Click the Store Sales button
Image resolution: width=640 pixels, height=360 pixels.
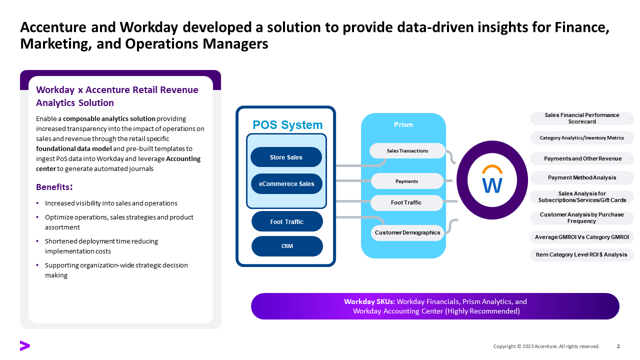pyautogui.click(x=286, y=157)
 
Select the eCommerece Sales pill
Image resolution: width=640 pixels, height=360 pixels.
pyautogui.click(x=286, y=183)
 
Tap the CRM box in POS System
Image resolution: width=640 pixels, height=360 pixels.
pyautogui.click(x=287, y=246)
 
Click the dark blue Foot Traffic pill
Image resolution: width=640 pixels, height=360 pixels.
pyautogui.click(x=287, y=221)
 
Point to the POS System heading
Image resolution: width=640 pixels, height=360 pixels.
pyautogui.click(x=287, y=125)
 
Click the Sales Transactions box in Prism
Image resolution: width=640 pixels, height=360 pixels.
pyautogui.click(x=407, y=150)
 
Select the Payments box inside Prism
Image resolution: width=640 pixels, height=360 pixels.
pyautogui.click(x=406, y=181)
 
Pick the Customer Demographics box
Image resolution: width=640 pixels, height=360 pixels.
pyautogui.click(x=407, y=232)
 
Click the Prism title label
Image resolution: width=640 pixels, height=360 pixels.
pyautogui.click(x=403, y=124)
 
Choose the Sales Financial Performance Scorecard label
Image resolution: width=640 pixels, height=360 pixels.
pyautogui.click(x=581, y=118)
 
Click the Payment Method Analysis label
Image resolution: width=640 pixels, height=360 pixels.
pyautogui.click(x=581, y=177)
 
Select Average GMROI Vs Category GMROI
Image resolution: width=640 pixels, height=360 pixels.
pyautogui.click(x=581, y=237)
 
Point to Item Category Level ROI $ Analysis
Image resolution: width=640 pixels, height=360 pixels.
pyautogui.click(x=581, y=254)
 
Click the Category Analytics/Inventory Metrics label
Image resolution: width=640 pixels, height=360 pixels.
pyautogui.click(x=581, y=138)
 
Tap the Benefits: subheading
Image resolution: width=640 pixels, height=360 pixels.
pyautogui.click(x=54, y=187)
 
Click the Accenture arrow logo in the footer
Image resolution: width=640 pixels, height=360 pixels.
pyautogui.click(x=25, y=345)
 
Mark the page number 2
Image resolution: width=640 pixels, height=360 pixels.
pyautogui.click(x=618, y=346)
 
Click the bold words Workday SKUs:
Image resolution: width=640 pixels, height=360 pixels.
pyautogui.click(x=369, y=301)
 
